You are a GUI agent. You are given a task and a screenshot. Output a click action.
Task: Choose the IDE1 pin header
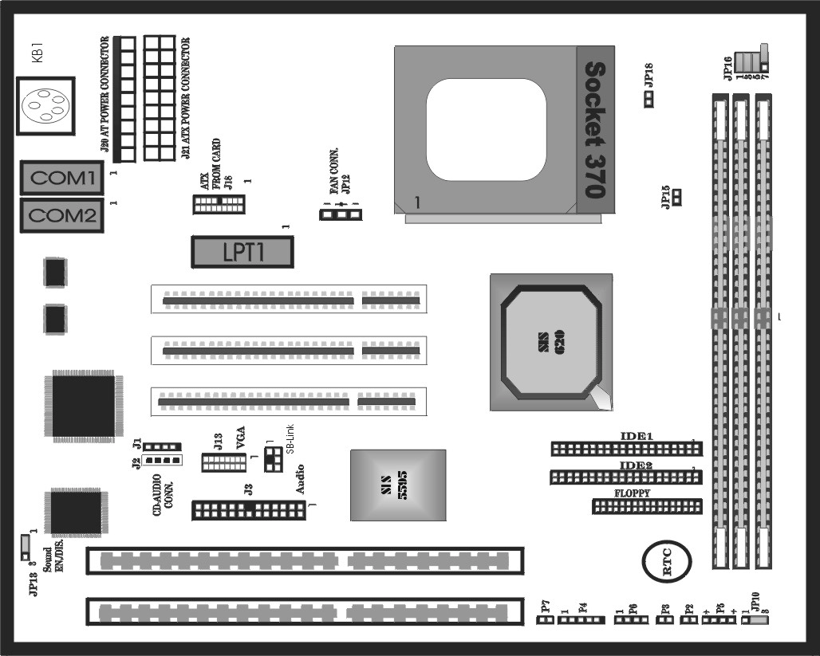point(625,449)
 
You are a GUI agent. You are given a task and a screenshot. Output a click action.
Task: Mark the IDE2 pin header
point(625,477)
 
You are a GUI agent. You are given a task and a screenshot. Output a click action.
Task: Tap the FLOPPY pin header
point(646,506)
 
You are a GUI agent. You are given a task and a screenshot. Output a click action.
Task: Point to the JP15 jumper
point(677,196)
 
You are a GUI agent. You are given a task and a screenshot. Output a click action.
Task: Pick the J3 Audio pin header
point(248,510)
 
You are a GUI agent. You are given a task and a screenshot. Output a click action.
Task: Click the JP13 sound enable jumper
point(25,547)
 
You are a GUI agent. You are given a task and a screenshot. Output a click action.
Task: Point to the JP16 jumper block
point(751,61)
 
